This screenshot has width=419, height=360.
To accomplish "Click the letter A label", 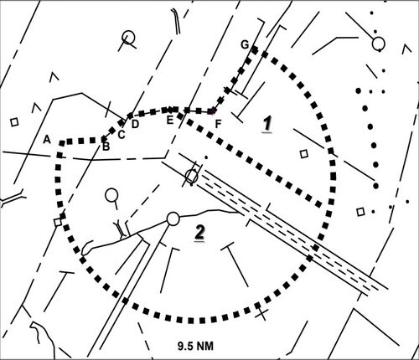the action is point(47,139).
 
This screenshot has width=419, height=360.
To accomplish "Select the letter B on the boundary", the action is point(106,147).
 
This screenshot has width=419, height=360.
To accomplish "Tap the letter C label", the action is point(121,135).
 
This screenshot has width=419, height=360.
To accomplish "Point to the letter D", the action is point(135,124).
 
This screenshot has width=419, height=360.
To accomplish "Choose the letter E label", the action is point(170,121).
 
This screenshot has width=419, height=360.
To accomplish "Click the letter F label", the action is point(218,124).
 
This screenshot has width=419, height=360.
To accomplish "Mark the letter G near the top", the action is point(245,44).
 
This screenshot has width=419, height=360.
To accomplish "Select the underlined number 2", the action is point(199,233).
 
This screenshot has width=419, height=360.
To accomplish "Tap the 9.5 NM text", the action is point(195,346).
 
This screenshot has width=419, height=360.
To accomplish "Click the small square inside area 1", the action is point(304,154).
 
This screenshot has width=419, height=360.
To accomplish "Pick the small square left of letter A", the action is point(14,122).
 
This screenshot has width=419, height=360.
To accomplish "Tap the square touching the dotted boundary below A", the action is point(58,222).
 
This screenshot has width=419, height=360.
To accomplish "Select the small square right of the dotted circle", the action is point(360,212).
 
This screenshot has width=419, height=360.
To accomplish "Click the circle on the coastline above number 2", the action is point(173,219).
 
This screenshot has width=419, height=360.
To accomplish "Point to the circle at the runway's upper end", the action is point(192,176).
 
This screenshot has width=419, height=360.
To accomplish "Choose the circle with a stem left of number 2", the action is point(111,195).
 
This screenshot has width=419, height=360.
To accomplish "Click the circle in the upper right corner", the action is point(379,44).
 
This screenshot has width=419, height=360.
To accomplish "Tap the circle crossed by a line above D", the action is point(128,37).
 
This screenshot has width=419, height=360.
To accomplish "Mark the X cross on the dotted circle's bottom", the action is point(261,312).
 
